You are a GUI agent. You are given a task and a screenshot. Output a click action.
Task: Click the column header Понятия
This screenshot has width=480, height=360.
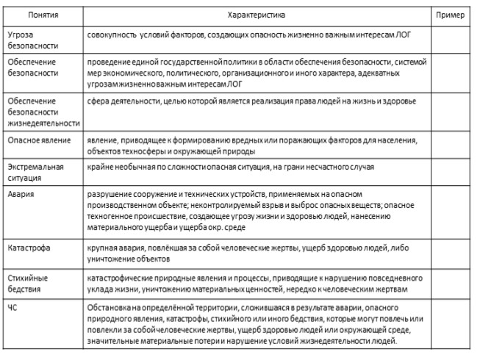click(x=43, y=14)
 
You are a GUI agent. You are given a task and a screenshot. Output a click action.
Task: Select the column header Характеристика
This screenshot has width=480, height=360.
click(x=257, y=14)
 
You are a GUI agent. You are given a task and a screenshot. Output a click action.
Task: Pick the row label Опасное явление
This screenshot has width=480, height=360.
click(x=37, y=140)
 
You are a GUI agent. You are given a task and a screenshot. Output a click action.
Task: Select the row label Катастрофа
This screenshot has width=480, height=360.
click(x=29, y=248)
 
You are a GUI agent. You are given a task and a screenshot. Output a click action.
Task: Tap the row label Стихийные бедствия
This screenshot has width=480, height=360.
click(x=29, y=284)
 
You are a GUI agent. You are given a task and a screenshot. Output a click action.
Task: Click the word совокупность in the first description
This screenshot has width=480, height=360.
click(x=113, y=34)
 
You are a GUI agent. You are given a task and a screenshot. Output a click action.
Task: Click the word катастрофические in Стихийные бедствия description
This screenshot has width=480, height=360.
click(x=122, y=278)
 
